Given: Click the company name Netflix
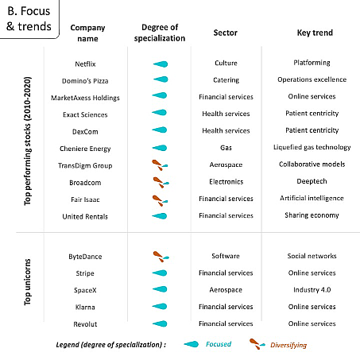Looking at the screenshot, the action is pos(85,64).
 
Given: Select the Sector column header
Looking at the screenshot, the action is pos(226,33).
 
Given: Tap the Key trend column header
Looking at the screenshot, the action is pos(315,33).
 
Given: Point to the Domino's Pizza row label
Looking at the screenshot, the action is pos(85,81).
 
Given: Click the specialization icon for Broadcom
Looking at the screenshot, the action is pos(161,182).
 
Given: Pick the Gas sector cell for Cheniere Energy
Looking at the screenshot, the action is pos(226,148).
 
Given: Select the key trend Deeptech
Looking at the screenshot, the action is pos(312,181).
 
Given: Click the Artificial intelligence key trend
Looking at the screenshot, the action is pos(312,198).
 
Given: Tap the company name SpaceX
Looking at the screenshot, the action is pos(85,290).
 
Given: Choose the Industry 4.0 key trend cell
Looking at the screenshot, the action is pos(312,289).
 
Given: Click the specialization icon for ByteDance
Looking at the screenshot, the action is pos(161,257).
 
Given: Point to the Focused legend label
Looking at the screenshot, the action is pos(219,344).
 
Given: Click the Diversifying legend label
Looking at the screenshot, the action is pos(288,345).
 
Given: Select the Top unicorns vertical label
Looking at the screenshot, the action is pos(27,282).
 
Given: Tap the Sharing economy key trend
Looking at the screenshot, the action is pos(312,215).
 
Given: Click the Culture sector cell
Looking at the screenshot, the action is pos(226,63).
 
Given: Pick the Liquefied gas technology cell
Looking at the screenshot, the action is pos(312,147).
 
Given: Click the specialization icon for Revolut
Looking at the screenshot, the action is pos(160,323).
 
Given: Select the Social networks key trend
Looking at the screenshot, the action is pos(312,256).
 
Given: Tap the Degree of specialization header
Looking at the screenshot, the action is pos(160,33).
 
